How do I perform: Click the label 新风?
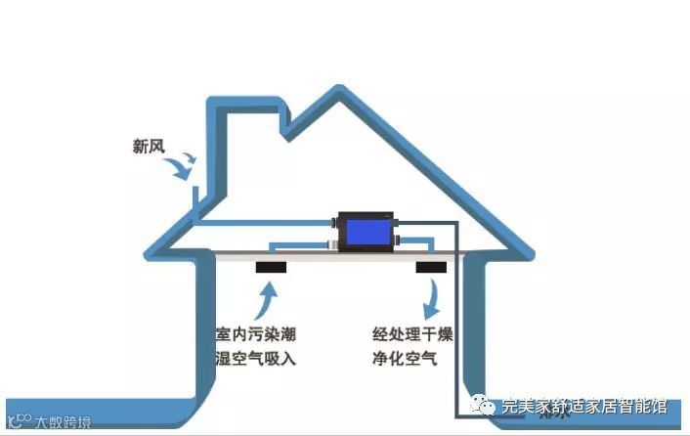(x=150, y=148)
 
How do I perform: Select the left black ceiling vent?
(x=271, y=266)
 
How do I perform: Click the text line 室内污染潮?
(x=256, y=334)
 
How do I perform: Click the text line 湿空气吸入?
(x=256, y=359)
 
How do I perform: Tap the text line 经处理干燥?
(x=412, y=334)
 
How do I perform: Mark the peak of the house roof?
(x=341, y=90)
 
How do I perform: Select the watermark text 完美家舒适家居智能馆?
(x=584, y=406)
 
